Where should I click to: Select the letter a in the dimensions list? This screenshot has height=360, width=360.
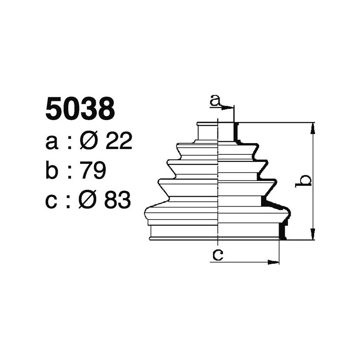click(52, 143)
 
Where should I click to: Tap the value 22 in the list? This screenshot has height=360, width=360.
click(118, 142)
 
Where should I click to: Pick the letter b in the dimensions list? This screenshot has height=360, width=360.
click(53, 171)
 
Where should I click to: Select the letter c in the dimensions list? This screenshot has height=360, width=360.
click(52, 201)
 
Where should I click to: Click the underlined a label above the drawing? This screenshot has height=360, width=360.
click(216, 101)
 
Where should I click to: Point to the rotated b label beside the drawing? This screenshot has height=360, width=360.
click(305, 180)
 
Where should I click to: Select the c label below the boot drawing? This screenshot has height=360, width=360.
click(218, 256)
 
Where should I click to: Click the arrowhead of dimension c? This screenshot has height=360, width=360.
click(274, 261)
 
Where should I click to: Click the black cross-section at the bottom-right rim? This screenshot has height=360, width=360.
click(282, 231)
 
